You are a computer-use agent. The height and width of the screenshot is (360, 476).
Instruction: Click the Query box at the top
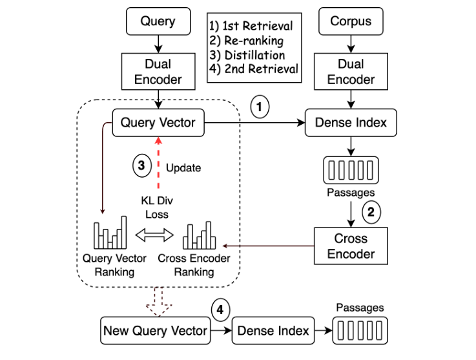[x=158, y=21]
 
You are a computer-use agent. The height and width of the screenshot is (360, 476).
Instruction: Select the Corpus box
[x=351, y=21]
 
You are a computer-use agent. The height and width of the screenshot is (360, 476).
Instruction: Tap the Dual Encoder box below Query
[x=158, y=72]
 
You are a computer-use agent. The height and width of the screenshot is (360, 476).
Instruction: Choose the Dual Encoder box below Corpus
[x=351, y=72]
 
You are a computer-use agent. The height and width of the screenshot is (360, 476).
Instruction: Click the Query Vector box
[x=158, y=122]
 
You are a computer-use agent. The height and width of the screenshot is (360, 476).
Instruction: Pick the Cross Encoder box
[x=351, y=246]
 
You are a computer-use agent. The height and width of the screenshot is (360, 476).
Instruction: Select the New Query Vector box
[x=156, y=331]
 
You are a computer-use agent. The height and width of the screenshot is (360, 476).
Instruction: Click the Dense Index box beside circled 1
[x=351, y=122]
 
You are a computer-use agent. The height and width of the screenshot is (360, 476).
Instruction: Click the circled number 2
[x=372, y=211]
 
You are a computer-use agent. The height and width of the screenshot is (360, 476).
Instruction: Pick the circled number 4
[x=221, y=310]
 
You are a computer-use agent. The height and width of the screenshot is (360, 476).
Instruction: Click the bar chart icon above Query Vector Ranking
[x=108, y=236]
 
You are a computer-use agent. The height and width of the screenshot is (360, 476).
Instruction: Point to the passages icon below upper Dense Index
[x=351, y=170]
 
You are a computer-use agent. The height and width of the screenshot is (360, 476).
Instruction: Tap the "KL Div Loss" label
[x=156, y=207]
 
